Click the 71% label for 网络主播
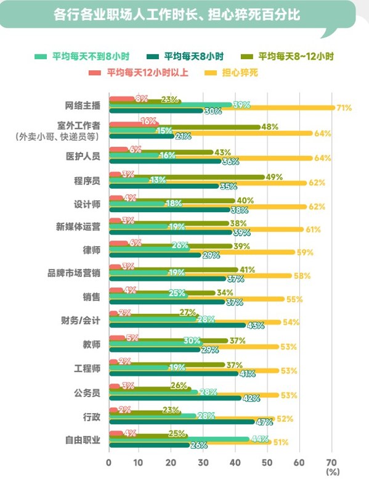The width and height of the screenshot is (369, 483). pos(344,108)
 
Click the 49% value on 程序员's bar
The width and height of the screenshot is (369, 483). pos(274,177)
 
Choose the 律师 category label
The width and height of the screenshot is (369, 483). pos(92,251)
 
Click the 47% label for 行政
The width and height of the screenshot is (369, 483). pos(264,422)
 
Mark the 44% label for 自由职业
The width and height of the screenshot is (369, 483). pos(258,439)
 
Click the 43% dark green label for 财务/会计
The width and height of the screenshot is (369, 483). pos(255,325)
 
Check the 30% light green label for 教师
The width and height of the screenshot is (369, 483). pos(192,341)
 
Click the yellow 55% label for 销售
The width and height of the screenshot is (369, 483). pos(294,299)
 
